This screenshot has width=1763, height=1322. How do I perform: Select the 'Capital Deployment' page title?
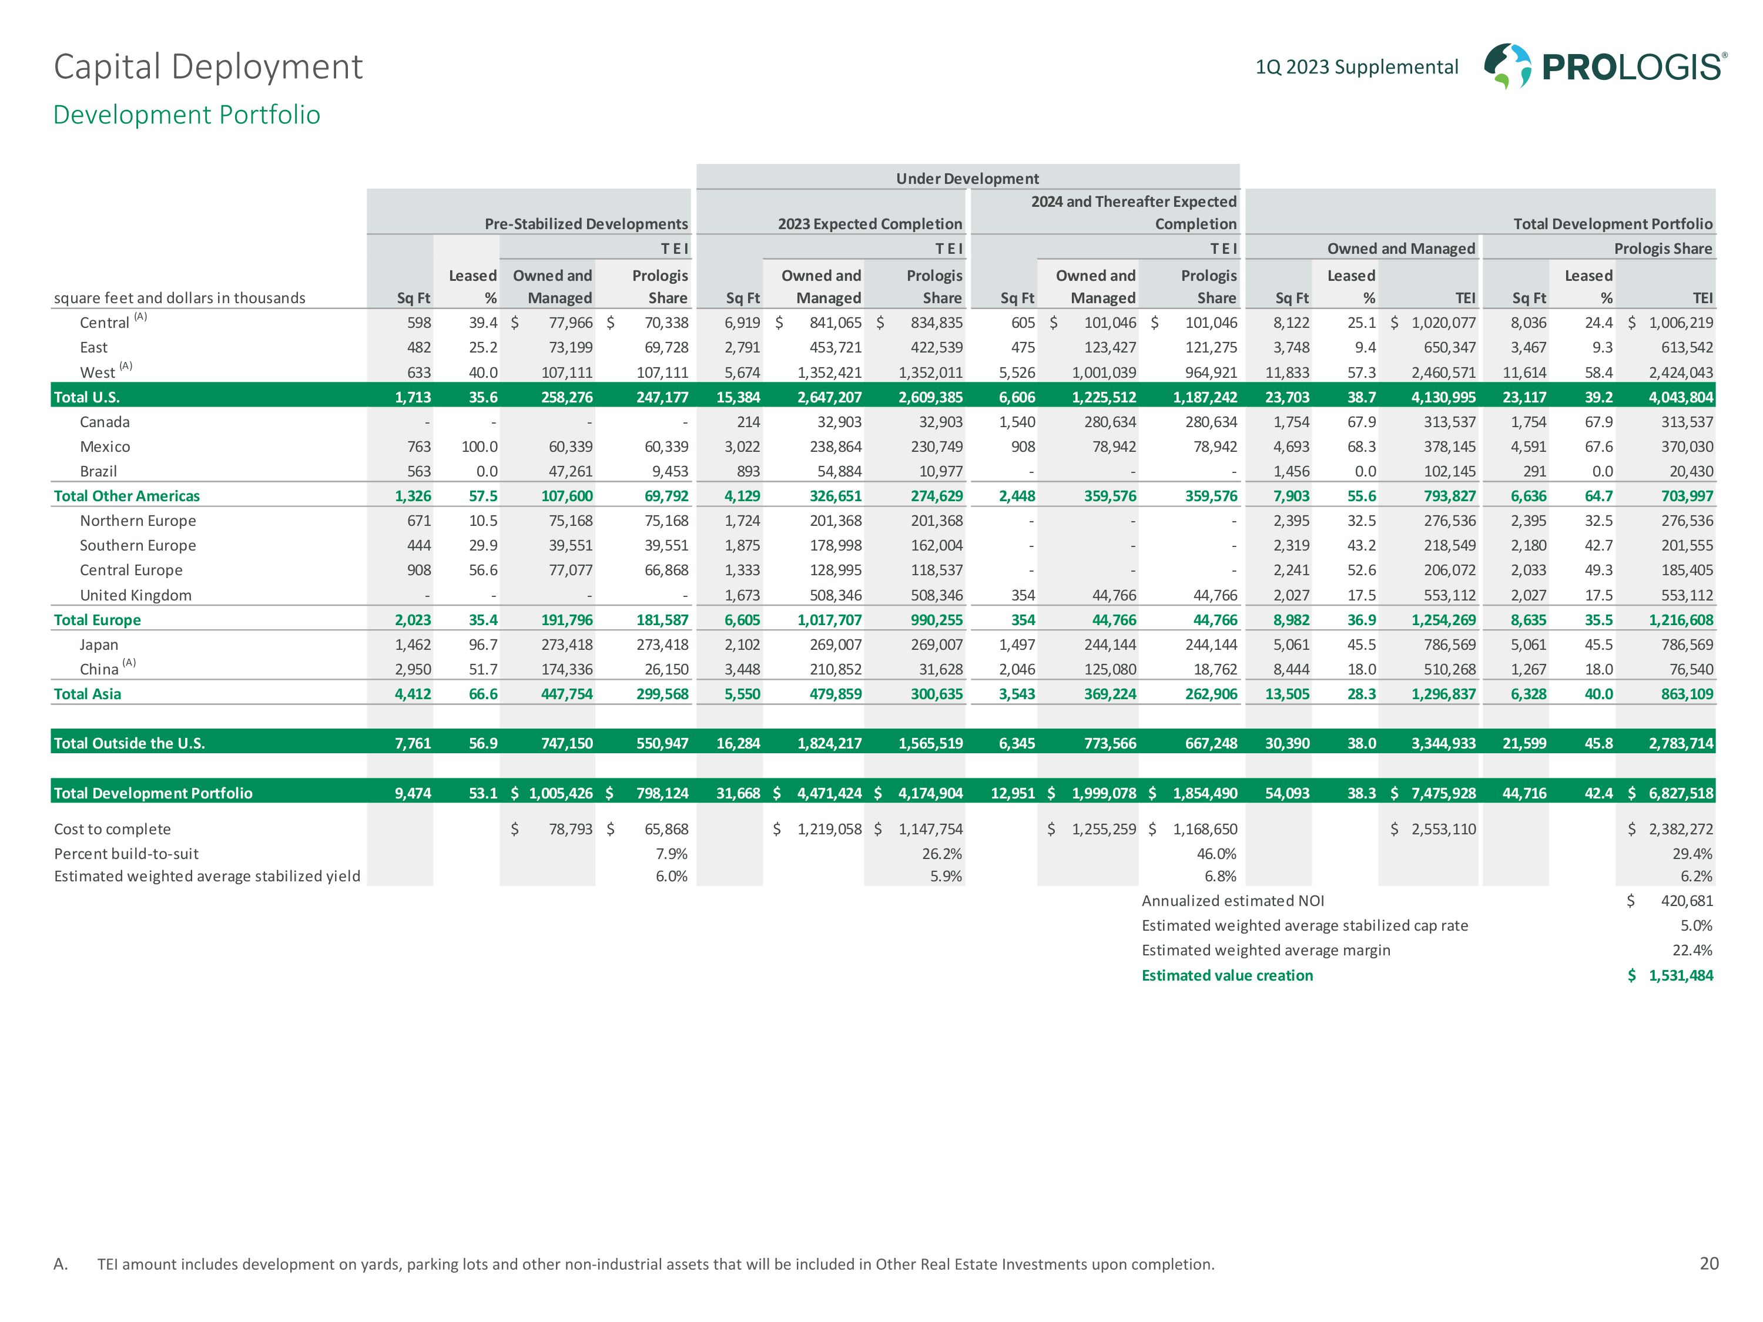click(208, 67)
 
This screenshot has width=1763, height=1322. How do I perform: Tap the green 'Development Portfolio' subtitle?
click(186, 115)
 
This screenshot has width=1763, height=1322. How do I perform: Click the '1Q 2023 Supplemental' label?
click(1356, 67)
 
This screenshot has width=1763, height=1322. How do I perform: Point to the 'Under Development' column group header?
click(967, 179)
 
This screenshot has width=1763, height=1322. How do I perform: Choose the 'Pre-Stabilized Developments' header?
click(586, 224)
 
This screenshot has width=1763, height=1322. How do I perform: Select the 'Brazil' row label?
click(98, 471)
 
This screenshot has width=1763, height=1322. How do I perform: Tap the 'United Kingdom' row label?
click(136, 595)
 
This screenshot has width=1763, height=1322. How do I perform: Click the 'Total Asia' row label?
click(88, 694)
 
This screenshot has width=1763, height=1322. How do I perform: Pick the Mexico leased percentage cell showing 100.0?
click(479, 446)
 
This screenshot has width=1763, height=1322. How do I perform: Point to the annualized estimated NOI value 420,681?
click(1687, 901)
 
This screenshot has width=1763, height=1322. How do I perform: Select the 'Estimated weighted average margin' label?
click(1266, 950)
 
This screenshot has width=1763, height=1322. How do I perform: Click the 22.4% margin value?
click(1692, 950)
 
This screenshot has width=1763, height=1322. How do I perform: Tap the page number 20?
click(1709, 1264)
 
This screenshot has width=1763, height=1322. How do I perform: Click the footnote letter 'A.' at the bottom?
click(61, 1264)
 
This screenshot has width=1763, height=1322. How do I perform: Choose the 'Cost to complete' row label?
click(112, 828)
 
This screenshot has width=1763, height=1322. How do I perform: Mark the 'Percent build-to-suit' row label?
click(126, 854)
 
